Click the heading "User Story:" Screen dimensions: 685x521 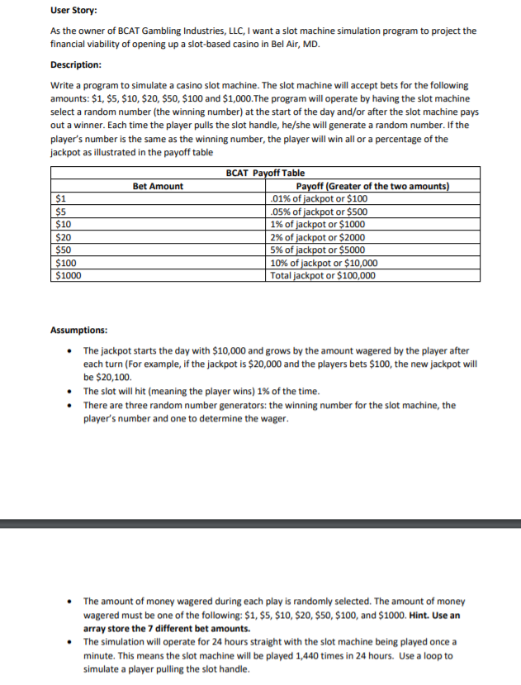pyautogui.click(x=73, y=11)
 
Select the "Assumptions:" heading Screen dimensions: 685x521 pyautogui.click(x=78, y=330)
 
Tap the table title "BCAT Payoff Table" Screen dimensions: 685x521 pyautogui.click(x=264, y=173)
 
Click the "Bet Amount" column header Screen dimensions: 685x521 pyautogui.click(x=158, y=186)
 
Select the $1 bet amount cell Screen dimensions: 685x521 pyautogui.click(x=60, y=198)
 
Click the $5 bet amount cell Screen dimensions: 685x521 pyautogui.click(x=60, y=212)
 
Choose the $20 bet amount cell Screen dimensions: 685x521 pyautogui.click(x=63, y=237)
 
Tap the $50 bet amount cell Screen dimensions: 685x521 pyautogui.click(x=63, y=250)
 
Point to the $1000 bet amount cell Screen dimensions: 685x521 pyautogui.click(x=68, y=276)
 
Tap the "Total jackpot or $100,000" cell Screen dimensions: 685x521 pyautogui.click(x=323, y=276)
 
